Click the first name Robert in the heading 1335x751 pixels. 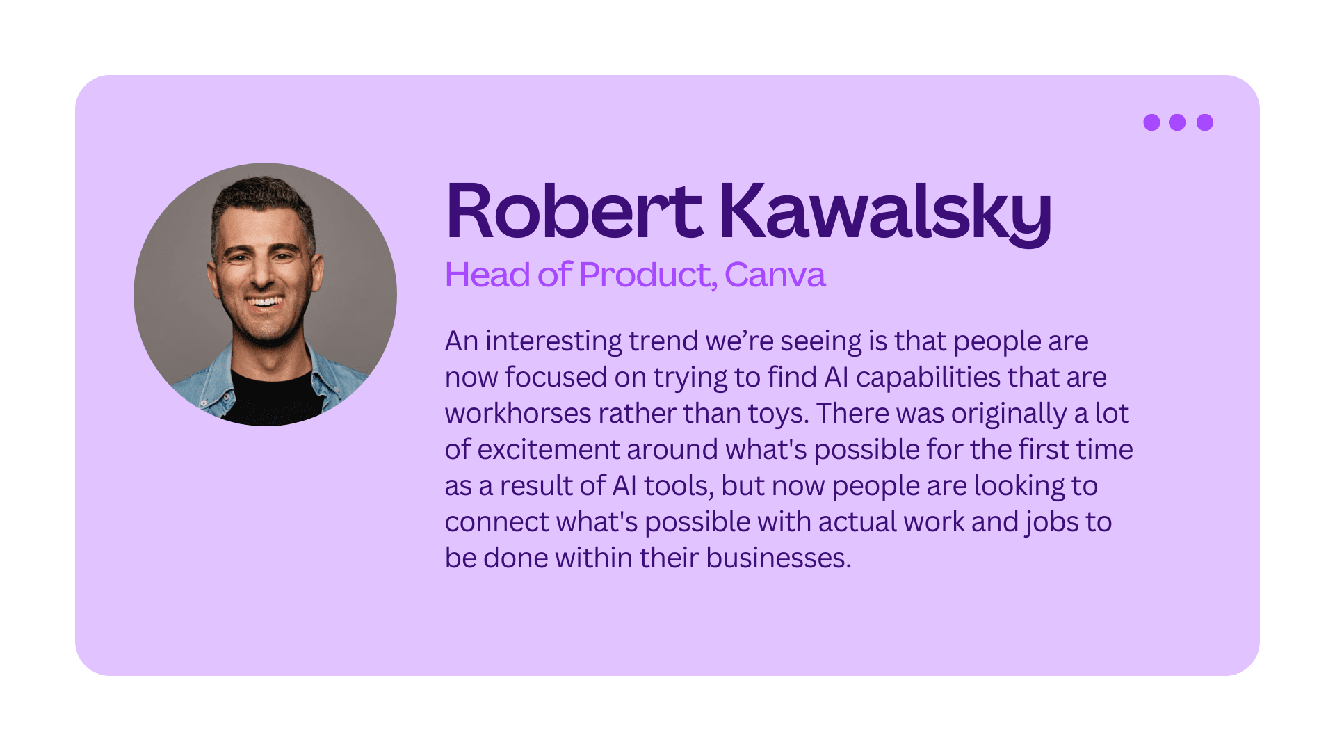click(x=574, y=211)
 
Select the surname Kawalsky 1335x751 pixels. click(x=885, y=213)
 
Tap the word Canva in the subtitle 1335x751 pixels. click(x=775, y=275)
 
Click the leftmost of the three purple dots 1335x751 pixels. click(x=1151, y=122)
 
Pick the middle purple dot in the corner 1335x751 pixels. click(x=1177, y=122)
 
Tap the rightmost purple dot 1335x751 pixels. click(x=1205, y=122)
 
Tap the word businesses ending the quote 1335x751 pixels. click(x=778, y=558)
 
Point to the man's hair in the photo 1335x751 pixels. click(x=262, y=198)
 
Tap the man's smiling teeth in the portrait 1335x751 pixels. click(x=265, y=302)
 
